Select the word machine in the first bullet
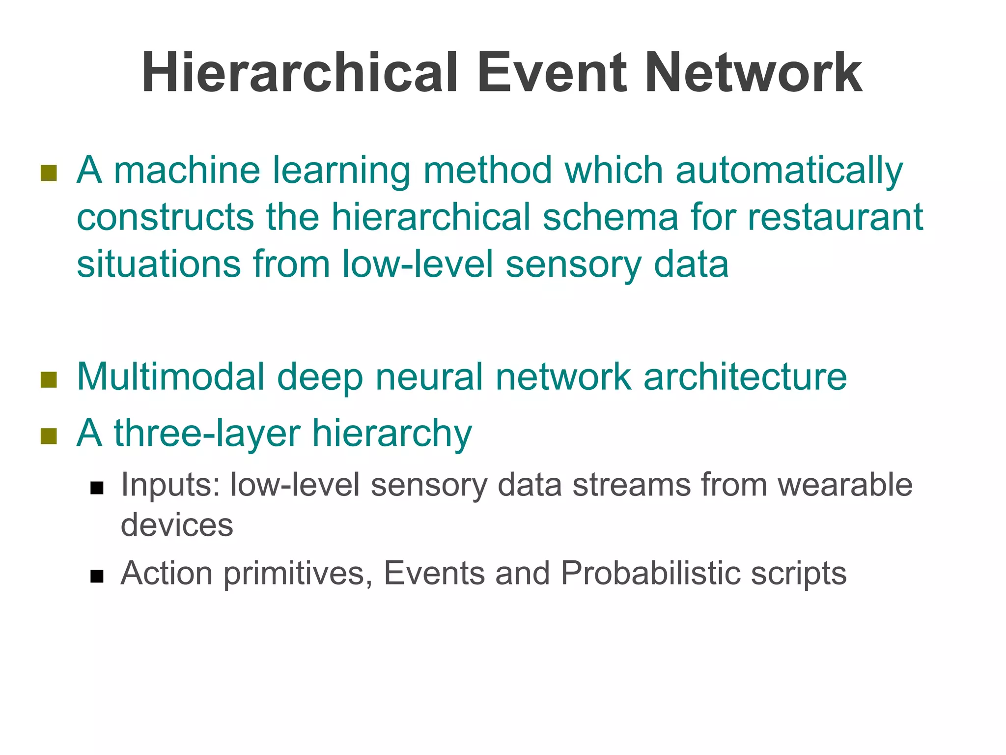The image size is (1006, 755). click(x=187, y=170)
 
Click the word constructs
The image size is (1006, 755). click(x=165, y=217)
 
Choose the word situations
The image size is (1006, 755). click(x=158, y=264)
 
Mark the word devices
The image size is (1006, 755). click(x=177, y=525)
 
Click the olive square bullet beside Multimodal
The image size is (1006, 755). click(x=49, y=379)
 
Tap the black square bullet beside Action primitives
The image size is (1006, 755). click(x=97, y=576)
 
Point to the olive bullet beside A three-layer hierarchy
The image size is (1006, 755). click(x=49, y=436)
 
